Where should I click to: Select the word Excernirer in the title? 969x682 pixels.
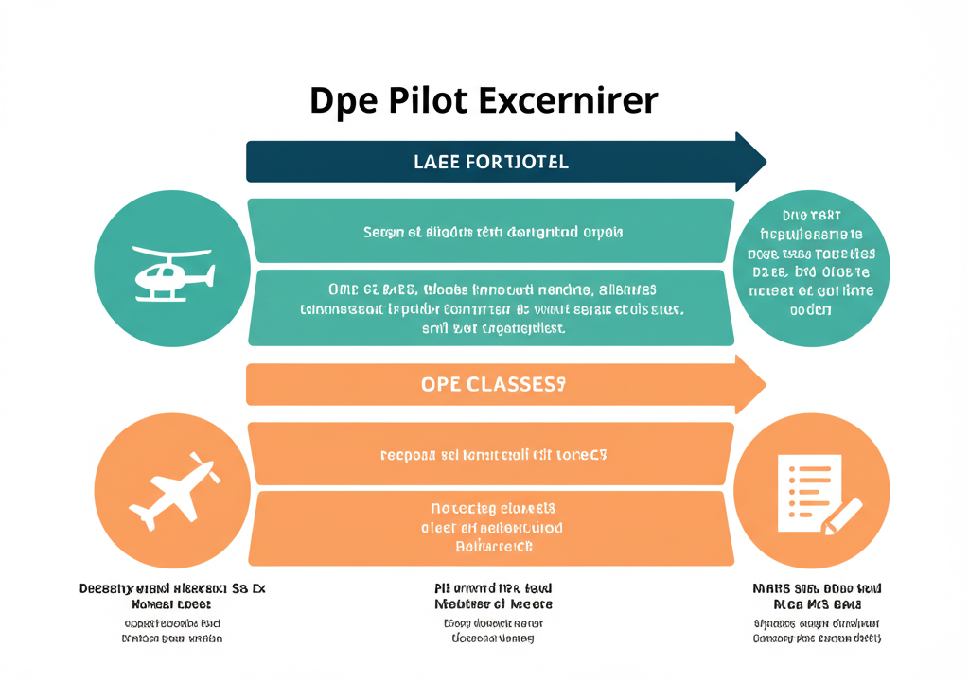click(x=568, y=100)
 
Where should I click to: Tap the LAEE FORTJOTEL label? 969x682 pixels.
click(x=491, y=162)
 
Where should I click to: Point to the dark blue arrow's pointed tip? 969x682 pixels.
click(x=764, y=161)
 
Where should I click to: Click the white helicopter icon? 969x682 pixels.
click(x=173, y=273)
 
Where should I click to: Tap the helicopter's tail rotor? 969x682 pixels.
click(x=209, y=275)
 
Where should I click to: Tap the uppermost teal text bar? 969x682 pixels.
click(x=490, y=231)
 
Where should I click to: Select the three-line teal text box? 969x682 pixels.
click(x=490, y=307)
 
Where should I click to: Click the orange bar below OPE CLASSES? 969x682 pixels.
click(x=490, y=454)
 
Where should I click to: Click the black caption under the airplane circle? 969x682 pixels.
click(x=172, y=596)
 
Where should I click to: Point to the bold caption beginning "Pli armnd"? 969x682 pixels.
click(x=492, y=596)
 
